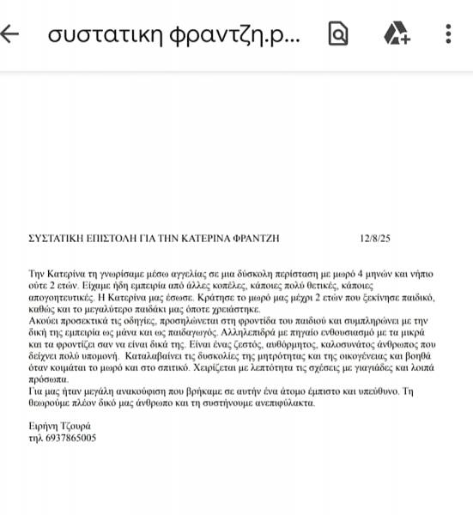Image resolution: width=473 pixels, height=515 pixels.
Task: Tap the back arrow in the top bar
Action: tap(12, 34)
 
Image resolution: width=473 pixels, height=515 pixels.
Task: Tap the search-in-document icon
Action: tap(339, 34)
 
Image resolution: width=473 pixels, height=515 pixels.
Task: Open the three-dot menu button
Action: tap(448, 34)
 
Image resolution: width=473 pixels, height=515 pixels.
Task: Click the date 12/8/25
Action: tap(376, 238)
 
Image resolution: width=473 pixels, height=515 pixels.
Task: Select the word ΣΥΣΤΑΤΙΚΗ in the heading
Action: tap(60, 238)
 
